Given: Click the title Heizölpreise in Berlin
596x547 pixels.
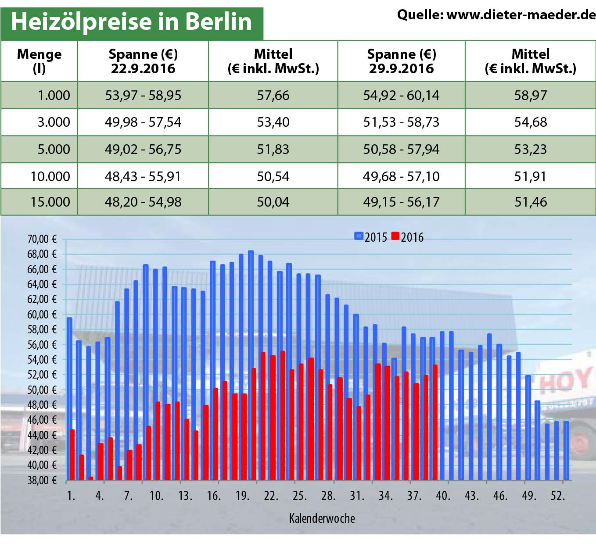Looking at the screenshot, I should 131,22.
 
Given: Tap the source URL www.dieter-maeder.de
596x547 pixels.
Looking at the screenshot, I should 521,15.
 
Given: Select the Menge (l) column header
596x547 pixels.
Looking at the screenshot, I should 39,61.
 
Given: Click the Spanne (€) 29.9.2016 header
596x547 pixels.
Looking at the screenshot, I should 401,61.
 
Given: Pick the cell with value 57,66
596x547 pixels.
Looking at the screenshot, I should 273,95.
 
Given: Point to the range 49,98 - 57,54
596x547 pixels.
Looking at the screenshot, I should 143,122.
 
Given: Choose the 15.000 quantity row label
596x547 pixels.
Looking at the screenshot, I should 50,202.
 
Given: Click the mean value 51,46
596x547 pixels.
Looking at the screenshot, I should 531,202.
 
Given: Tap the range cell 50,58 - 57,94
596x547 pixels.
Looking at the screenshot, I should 401,149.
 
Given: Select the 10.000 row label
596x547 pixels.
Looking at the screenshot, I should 50,176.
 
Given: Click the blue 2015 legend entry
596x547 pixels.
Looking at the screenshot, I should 371,237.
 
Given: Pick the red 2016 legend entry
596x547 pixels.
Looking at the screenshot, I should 407,237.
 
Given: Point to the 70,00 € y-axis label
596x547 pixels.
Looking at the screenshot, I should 42,239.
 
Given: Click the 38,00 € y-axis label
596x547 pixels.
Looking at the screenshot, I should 42,480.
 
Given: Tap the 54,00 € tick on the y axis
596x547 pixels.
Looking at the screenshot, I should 42,360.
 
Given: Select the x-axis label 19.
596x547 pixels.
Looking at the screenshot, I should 242,496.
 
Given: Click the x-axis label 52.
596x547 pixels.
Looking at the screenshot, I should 557,496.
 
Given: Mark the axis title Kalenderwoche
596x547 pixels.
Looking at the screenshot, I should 322,518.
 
